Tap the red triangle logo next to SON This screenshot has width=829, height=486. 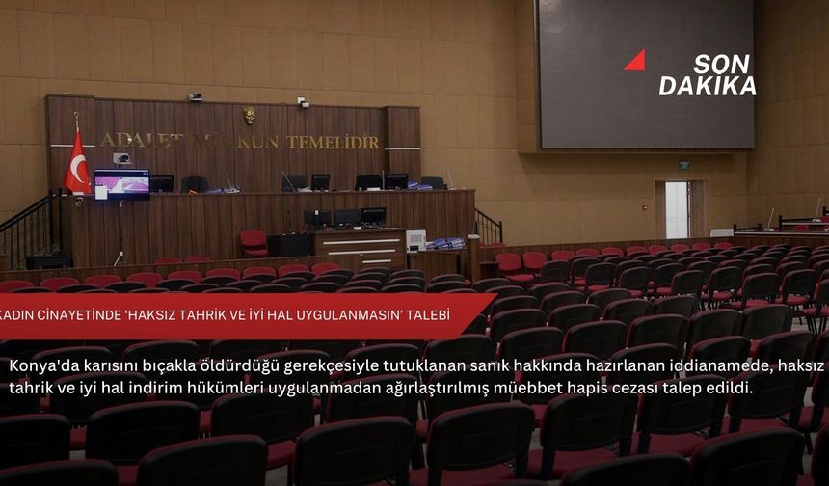635,62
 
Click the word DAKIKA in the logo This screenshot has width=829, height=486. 707,86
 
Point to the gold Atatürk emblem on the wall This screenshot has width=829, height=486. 250,116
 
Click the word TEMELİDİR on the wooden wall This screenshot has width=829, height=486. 333,142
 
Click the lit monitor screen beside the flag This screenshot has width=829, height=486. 121,182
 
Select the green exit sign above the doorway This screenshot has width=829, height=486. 683,165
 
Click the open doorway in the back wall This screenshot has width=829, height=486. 678,209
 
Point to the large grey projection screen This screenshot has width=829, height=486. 646,74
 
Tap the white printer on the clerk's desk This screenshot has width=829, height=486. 415,240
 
